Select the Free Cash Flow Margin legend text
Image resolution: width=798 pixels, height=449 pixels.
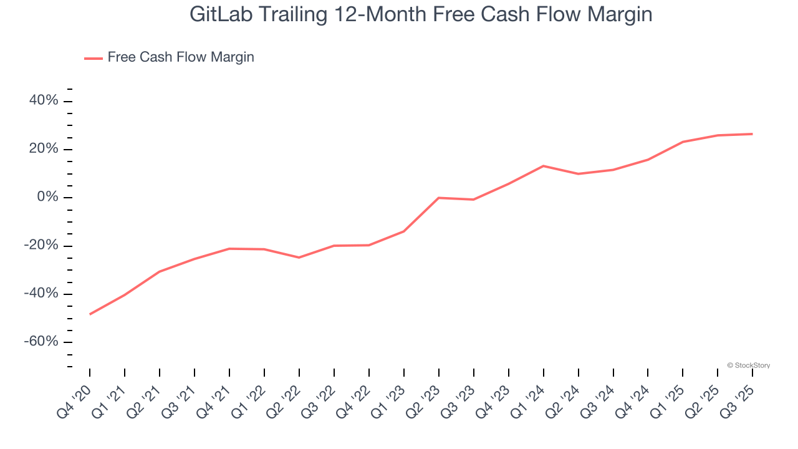coord(181,57)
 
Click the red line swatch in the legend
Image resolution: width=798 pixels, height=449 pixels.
coord(94,58)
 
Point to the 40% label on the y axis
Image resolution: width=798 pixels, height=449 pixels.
coord(44,101)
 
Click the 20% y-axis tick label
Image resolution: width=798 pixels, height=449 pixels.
coord(44,149)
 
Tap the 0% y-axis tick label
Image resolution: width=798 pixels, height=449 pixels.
coord(47,197)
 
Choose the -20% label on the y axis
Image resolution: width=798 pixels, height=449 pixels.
coord(41,246)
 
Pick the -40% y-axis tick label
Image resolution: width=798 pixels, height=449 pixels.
coord(41,294)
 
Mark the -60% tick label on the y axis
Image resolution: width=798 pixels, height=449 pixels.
coord(41,342)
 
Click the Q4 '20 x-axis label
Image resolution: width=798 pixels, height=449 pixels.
coord(75,399)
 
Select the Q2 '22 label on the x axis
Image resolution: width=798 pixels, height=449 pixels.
coord(284,399)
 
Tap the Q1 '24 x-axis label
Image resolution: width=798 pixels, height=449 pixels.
coord(529,399)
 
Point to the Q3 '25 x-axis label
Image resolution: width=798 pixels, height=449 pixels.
coord(738,399)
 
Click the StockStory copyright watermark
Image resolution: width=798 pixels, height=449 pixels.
coord(748,365)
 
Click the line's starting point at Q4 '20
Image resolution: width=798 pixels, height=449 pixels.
coord(90,314)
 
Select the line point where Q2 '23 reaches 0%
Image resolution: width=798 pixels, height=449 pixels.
coord(439,198)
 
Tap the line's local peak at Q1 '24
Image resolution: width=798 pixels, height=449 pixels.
coord(544,166)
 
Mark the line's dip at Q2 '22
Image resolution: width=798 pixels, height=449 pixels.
coord(299,258)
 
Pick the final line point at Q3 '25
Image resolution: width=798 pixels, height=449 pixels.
coord(752,134)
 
